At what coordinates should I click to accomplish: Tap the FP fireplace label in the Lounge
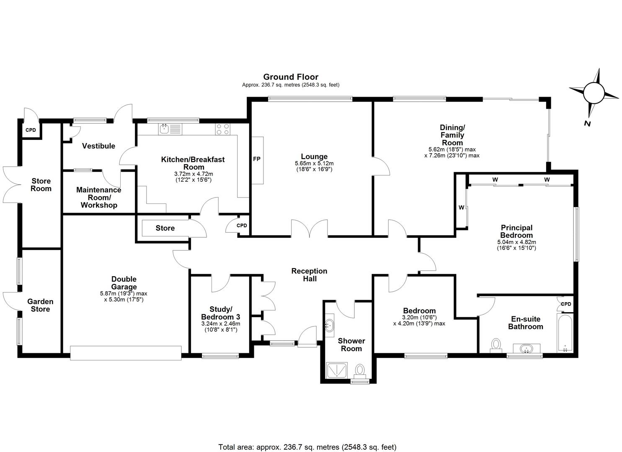256,159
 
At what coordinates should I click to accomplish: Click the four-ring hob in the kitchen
222,129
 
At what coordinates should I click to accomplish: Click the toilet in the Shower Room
360,370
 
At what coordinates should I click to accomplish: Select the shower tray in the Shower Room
337,370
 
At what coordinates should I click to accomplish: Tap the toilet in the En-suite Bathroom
496,345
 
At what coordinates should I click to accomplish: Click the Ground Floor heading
290,77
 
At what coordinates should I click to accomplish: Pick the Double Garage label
124,283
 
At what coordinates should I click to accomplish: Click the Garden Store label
40,305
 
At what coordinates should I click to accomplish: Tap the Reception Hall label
309,275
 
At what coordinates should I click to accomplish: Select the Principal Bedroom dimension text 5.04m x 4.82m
516,242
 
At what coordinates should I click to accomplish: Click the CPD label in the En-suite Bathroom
566,304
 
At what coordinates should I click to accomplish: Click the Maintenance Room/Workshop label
99,197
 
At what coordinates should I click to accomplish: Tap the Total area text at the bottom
307,447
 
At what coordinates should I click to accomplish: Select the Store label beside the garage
165,228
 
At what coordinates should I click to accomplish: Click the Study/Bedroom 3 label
220,313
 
